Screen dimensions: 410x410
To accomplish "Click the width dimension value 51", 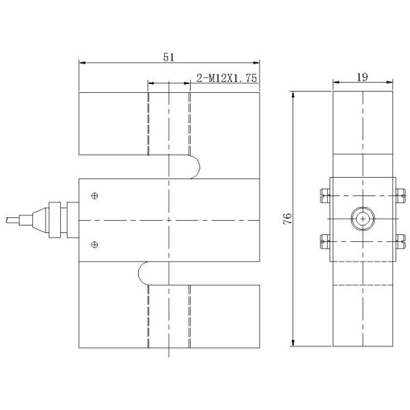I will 167,57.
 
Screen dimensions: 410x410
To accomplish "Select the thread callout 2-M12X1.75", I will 226,79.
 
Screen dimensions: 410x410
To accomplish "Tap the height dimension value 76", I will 288,218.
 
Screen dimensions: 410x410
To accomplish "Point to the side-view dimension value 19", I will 362,77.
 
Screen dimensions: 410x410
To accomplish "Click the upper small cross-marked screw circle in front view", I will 95,197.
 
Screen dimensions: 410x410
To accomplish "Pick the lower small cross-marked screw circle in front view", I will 95,244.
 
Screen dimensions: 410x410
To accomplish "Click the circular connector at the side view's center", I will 361,219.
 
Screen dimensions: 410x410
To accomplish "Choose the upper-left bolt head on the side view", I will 323,197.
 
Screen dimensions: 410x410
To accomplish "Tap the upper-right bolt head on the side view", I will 400,197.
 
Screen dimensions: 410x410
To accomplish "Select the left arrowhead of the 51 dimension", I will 83,63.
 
